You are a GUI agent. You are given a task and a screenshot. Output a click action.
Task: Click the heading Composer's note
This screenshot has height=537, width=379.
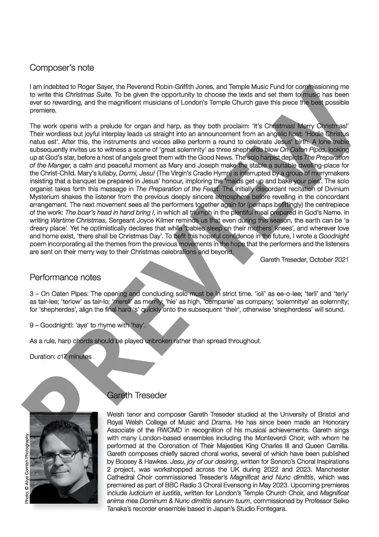(x=62, y=68)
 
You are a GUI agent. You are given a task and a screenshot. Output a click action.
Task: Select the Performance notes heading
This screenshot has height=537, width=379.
(x=65, y=278)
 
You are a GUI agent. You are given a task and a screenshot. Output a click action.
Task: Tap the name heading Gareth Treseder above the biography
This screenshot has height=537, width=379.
(x=137, y=395)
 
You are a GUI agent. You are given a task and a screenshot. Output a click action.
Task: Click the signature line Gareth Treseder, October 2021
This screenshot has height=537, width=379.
(x=304, y=260)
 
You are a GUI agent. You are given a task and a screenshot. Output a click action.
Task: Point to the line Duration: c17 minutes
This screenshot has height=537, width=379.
(x=60, y=356)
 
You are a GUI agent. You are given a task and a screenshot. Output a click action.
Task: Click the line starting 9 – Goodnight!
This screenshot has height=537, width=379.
(x=88, y=325)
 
